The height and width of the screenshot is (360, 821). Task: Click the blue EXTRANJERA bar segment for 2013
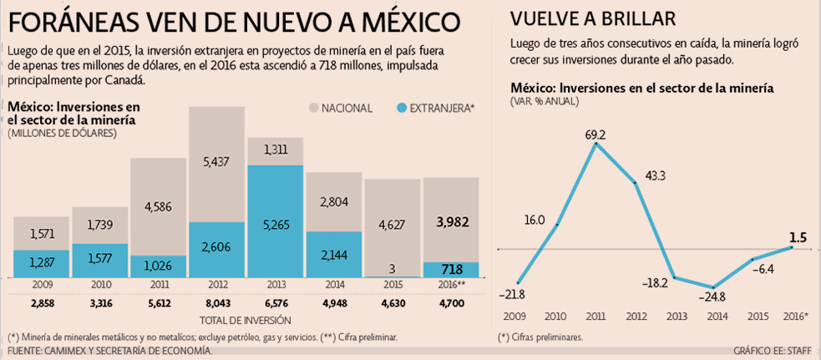coord(275,221)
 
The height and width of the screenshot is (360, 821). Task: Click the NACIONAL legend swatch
coord(314,108)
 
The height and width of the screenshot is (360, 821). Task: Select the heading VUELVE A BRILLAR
coord(594,19)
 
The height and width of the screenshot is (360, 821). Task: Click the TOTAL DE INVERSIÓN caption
coord(246,320)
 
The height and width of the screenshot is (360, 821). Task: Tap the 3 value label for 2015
coord(392,267)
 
